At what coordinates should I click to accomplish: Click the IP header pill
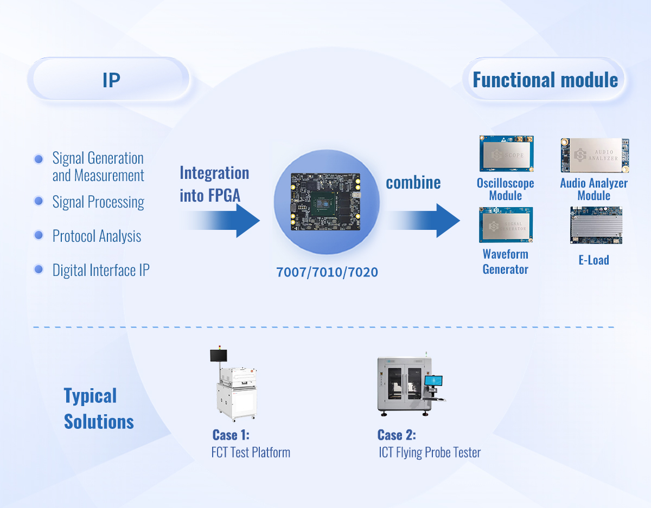click(x=111, y=80)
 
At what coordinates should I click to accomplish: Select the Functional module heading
click(x=545, y=80)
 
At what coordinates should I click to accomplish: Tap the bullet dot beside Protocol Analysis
click(x=39, y=235)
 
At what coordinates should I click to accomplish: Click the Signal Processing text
click(x=98, y=202)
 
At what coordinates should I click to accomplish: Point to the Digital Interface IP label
click(x=100, y=270)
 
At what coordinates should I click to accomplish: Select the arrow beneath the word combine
click(x=423, y=220)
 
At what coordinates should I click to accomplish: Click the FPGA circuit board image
click(x=326, y=202)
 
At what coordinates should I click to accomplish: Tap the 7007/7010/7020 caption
click(x=327, y=272)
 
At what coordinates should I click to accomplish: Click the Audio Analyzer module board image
click(x=595, y=155)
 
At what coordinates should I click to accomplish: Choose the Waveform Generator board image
click(x=506, y=225)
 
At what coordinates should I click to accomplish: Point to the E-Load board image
click(x=596, y=225)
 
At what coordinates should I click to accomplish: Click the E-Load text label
click(x=593, y=260)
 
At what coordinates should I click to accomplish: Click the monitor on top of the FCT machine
click(x=219, y=356)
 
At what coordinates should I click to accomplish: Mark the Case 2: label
click(x=397, y=435)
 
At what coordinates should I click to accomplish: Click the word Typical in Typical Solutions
click(x=90, y=396)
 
